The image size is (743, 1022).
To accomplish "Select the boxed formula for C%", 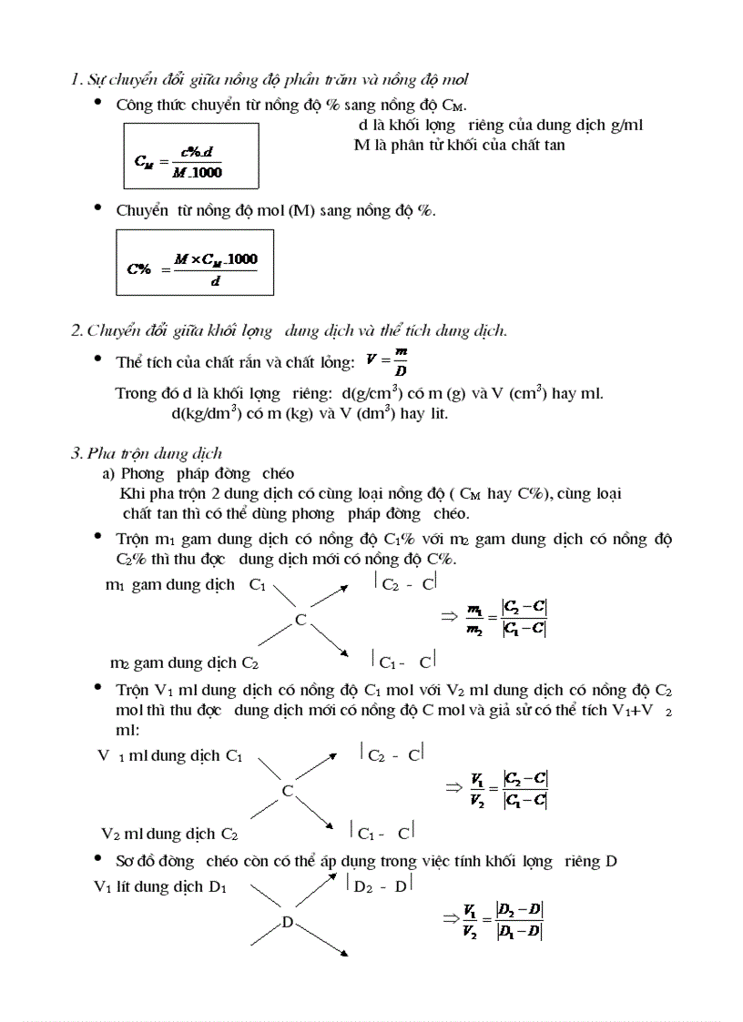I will point(195,262).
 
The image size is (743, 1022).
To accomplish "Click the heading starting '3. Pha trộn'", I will point(147,453).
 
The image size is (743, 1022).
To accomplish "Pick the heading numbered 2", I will point(289,330).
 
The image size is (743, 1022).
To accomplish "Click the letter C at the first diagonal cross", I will point(300,620).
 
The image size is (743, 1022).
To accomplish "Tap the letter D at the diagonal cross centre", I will point(287,923).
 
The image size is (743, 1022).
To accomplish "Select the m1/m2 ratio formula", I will point(505,618).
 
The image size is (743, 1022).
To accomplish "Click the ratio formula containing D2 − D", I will point(504,920).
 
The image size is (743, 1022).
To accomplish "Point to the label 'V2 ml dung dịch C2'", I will point(170,834).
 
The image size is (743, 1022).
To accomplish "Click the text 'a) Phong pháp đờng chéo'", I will point(198,473).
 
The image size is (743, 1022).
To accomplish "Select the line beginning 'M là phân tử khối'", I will point(465,145).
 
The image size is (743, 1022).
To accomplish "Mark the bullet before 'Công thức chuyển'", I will point(98,103).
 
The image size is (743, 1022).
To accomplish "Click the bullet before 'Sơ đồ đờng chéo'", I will point(98,859).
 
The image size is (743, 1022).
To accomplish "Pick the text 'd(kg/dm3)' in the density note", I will point(205,412).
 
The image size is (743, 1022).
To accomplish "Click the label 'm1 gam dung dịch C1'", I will point(186,584).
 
